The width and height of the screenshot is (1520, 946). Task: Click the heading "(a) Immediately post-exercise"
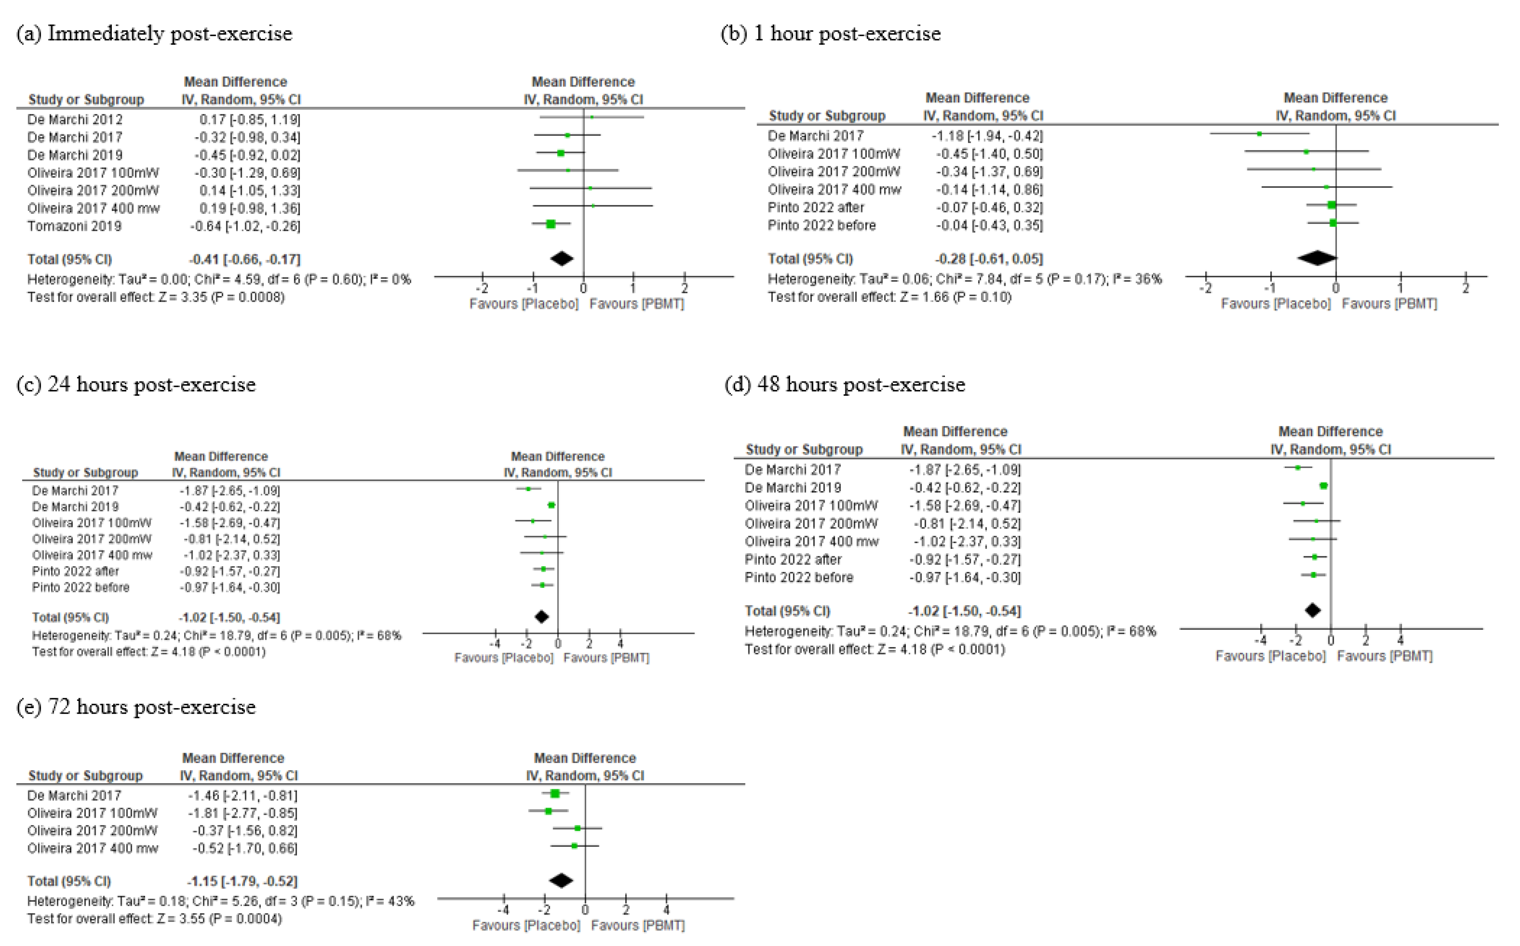(154, 34)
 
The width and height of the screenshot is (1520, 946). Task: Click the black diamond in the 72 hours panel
(561, 880)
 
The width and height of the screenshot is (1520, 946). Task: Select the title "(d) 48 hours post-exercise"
(844, 384)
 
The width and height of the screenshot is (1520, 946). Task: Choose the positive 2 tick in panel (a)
(684, 288)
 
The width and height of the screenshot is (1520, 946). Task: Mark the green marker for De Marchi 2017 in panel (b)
(1259, 134)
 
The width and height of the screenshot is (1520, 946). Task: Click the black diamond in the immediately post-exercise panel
(562, 258)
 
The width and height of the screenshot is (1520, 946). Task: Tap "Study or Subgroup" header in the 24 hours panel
(85, 472)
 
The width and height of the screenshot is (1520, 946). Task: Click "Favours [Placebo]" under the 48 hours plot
(1270, 656)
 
